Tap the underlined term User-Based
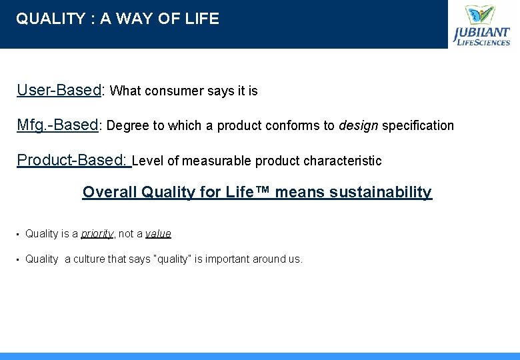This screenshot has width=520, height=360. tap(59, 90)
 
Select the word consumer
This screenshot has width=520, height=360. tap(172, 91)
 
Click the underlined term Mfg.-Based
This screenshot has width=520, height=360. tap(57, 125)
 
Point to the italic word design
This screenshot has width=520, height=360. tap(359, 125)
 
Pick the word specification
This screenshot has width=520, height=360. tap(418, 125)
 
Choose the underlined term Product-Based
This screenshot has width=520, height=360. tap(73, 161)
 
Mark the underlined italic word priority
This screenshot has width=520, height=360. tap(97, 234)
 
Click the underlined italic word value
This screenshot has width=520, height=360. tap(158, 234)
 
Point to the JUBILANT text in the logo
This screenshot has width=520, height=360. tap(481, 33)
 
